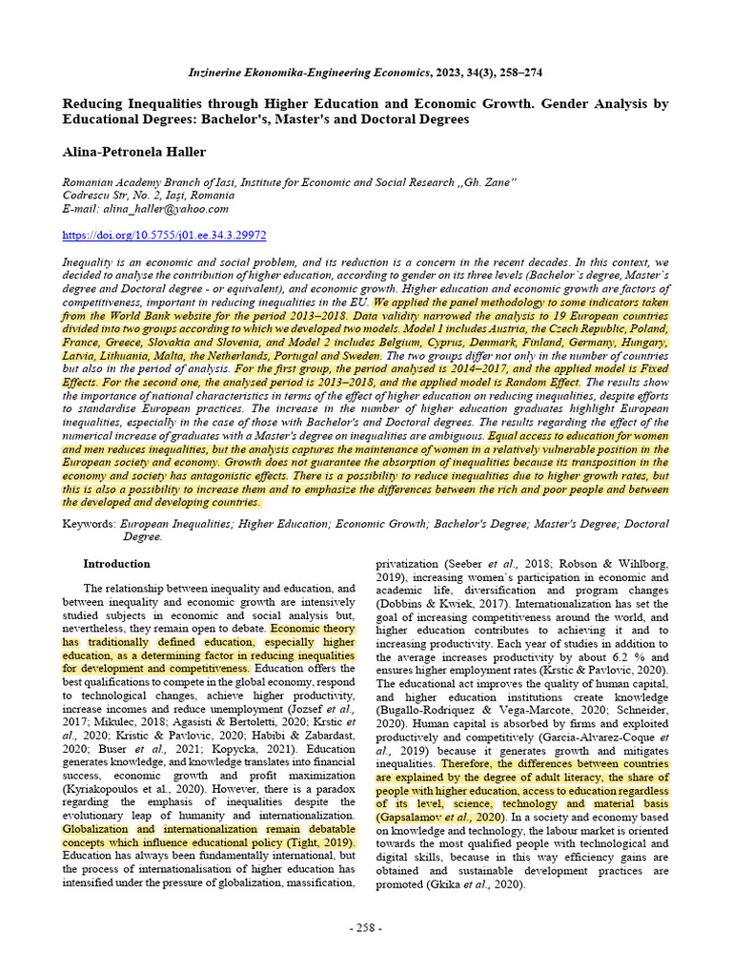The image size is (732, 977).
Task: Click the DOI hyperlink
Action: (164, 235)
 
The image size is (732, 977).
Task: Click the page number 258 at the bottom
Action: (365, 928)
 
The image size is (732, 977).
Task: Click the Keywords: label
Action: (89, 524)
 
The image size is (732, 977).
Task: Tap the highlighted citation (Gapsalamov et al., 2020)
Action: (439, 817)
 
